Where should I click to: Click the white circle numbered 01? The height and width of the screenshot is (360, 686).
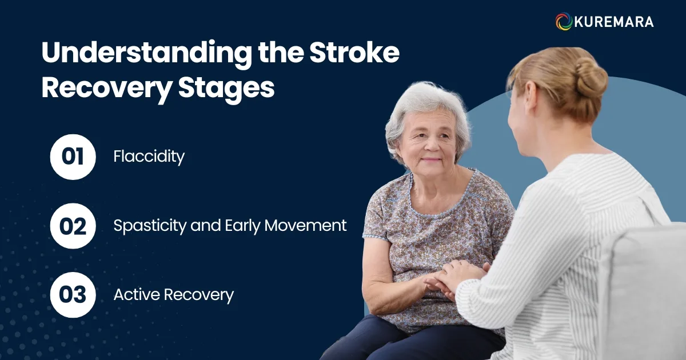pyautogui.click(x=73, y=157)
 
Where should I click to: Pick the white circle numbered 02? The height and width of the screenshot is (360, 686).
pyautogui.click(x=73, y=226)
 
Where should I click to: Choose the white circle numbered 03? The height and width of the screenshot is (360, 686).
pyautogui.click(x=73, y=295)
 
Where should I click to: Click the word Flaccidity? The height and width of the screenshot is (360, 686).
pyautogui.click(x=149, y=157)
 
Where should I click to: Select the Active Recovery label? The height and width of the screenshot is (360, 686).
pyautogui.click(x=173, y=295)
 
